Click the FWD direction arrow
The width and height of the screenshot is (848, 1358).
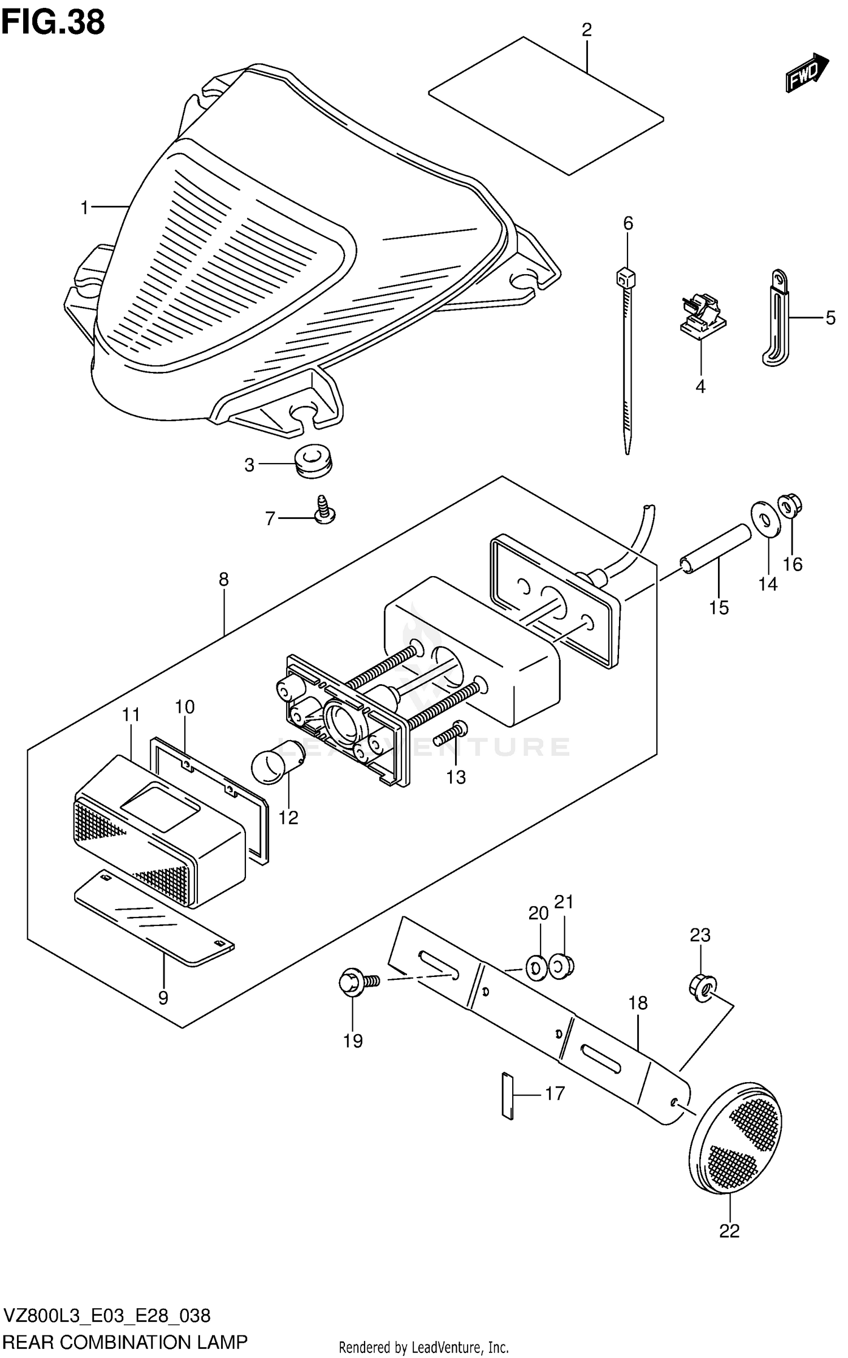click(806, 72)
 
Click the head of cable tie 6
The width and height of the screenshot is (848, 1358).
click(625, 276)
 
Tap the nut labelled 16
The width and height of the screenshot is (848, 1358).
click(790, 505)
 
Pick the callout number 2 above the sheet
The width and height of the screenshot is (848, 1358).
click(586, 29)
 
